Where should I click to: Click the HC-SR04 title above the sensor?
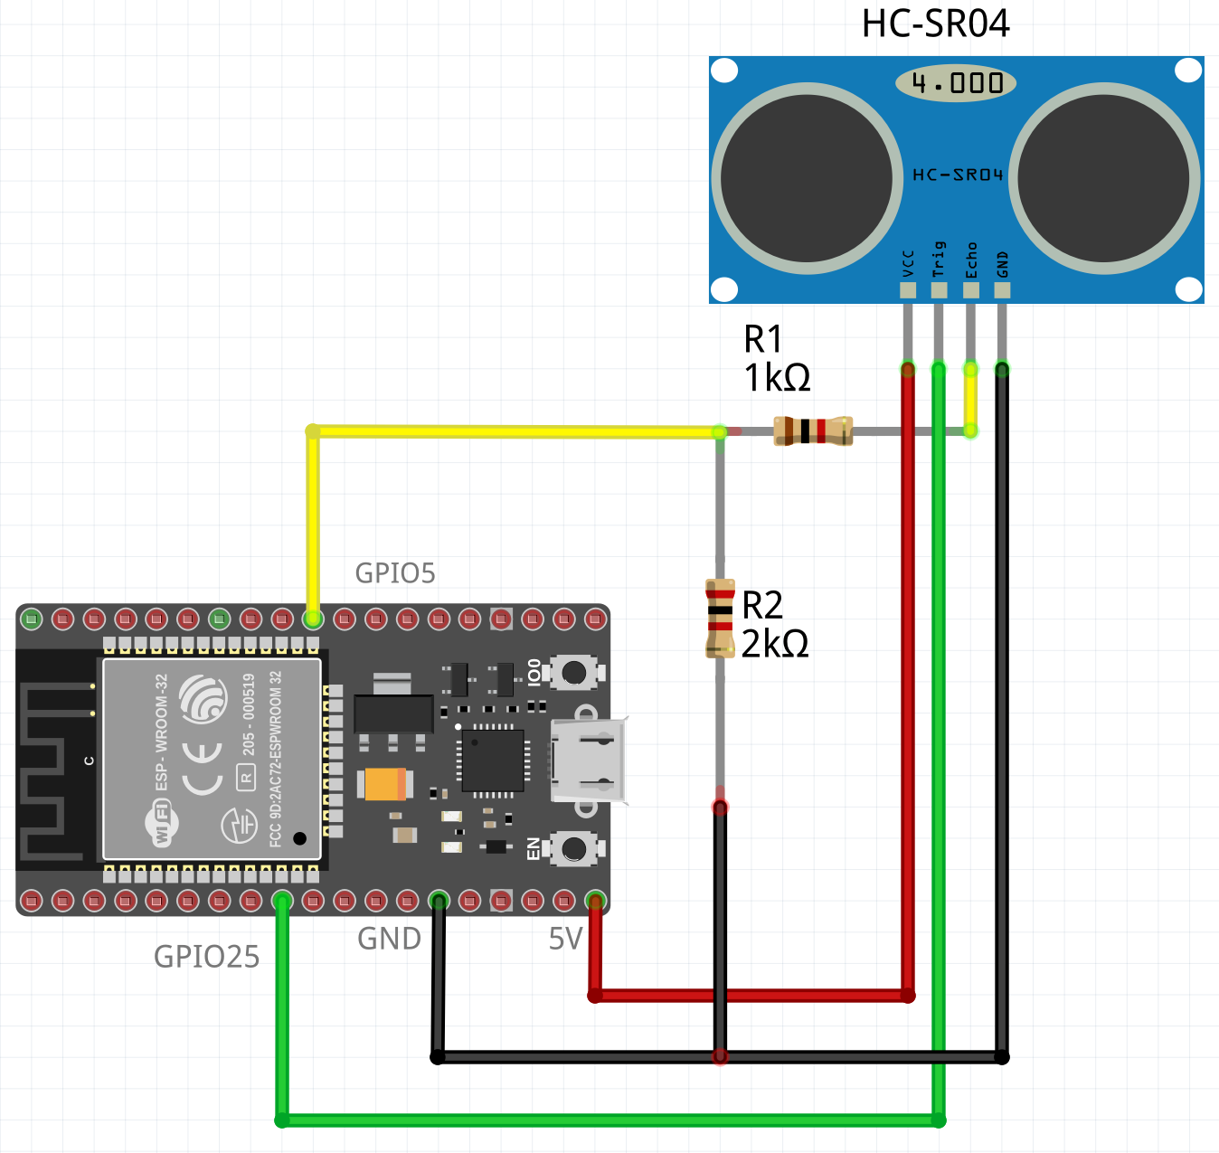935,24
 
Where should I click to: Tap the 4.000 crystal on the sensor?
956,83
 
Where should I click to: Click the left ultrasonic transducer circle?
807,178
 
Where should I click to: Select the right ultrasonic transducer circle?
1105,178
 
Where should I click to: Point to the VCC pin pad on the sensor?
908,290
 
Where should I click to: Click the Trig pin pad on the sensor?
940,290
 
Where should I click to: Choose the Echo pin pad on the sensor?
970,290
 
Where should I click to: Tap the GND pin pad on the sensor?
1002,290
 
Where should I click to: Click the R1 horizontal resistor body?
813,430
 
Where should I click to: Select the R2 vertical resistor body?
720,619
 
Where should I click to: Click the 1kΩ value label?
777,377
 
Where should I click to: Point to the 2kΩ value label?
775,644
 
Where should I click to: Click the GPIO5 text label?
395,573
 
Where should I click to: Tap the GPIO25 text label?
206,957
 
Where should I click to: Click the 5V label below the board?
565,940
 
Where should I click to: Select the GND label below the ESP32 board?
389,940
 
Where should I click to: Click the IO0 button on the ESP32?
573,672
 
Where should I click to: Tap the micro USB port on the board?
589,760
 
